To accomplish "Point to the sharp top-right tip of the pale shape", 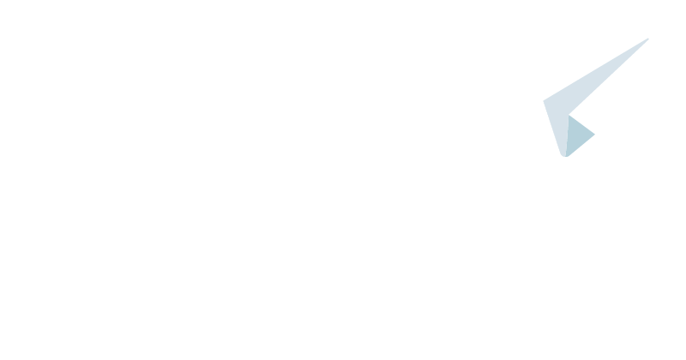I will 647,39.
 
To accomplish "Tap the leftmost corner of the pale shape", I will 544,101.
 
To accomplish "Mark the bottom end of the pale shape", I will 563,156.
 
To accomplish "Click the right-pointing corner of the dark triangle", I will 595,135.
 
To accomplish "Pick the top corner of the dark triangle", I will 569,115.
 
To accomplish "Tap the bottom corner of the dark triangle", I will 566,157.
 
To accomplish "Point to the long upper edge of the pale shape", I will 596,70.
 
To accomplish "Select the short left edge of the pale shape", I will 552,129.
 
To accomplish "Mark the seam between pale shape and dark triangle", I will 567,135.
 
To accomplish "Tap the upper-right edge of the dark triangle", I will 582,125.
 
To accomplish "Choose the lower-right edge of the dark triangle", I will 581,146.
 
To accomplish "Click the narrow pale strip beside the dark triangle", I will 559,133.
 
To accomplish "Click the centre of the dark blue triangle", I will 576,135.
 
